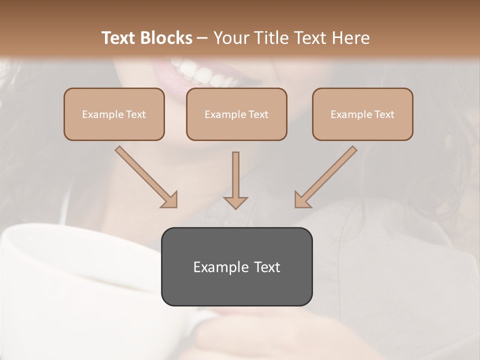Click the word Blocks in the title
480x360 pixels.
167,38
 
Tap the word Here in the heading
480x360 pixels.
350,38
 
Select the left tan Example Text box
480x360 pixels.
114,114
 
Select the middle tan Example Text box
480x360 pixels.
236,114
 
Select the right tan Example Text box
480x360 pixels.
362,114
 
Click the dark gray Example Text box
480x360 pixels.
236,266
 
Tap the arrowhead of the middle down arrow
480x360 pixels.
235,202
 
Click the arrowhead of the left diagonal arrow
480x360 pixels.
169,200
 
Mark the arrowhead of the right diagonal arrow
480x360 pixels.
302,200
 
